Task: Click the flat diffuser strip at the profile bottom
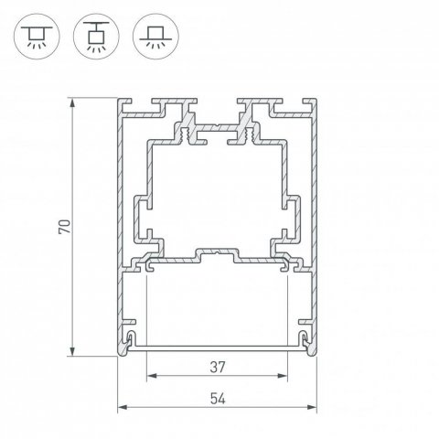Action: pos(218,348)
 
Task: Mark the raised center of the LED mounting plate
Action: pos(218,249)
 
